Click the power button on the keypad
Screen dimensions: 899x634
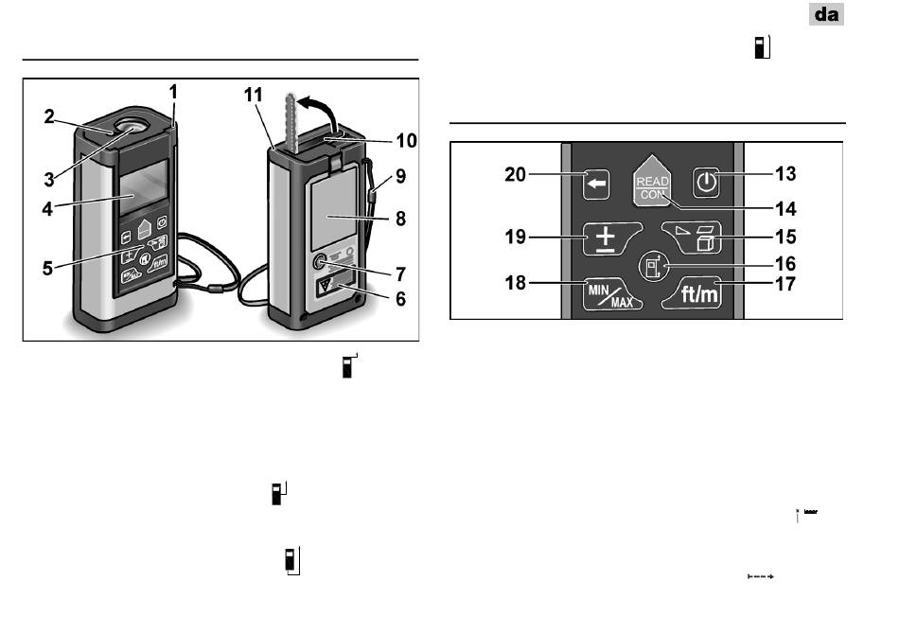706,184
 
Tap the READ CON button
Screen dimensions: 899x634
652,181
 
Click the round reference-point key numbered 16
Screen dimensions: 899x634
654,266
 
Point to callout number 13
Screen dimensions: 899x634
785,174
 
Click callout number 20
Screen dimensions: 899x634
515,174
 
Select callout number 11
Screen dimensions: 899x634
254,95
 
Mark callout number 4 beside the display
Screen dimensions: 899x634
47,209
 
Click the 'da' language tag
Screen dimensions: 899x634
826,14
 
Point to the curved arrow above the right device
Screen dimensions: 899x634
319,112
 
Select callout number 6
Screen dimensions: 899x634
400,299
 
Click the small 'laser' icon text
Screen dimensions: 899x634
811,511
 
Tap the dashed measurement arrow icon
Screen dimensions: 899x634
761,576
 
